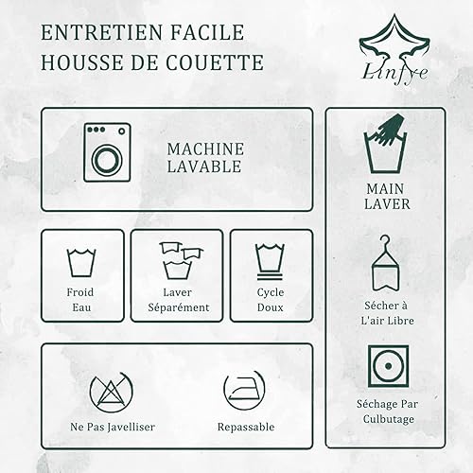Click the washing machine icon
tap(107, 152)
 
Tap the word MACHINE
tap(205, 149)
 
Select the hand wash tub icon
tap(385, 144)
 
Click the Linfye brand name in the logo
tap(394, 73)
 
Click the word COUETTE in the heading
tap(215, 62)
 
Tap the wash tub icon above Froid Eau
tap(81, 263)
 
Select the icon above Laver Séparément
tap(181, 260)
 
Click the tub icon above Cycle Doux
tap(270, 261)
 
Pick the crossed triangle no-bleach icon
tap(112, 392)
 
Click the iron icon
tap(244, 390)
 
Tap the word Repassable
tap(246, 427)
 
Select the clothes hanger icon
tap(385, 263)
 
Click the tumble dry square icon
tap(389, 366)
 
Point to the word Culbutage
tap(389, 419)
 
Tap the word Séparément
tap(179, 307)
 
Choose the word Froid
tap(80, 292)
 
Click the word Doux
tap(271, 307)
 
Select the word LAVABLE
tap(204, 166)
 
